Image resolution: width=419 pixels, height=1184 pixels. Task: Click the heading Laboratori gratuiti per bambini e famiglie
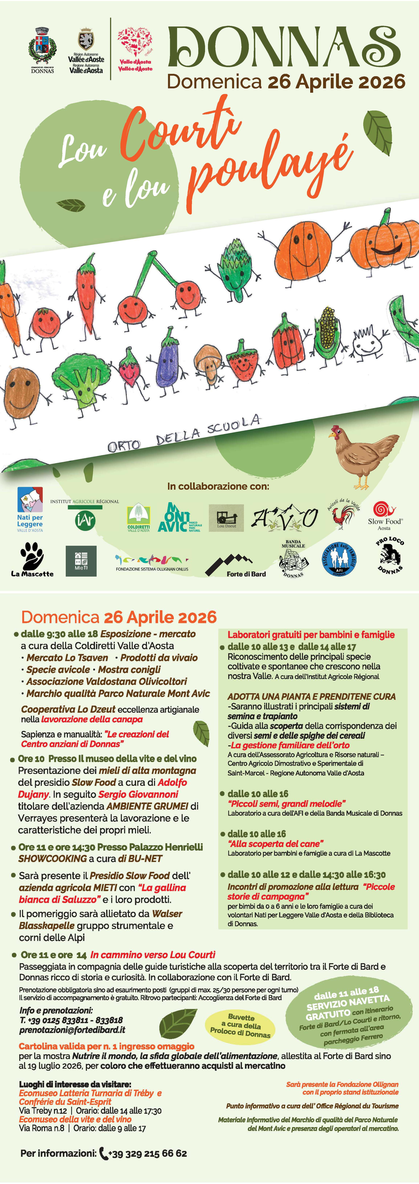[311, 635]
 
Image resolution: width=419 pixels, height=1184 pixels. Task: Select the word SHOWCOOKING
[52, 858]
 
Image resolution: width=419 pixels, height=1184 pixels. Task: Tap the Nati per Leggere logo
[30, 509]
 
